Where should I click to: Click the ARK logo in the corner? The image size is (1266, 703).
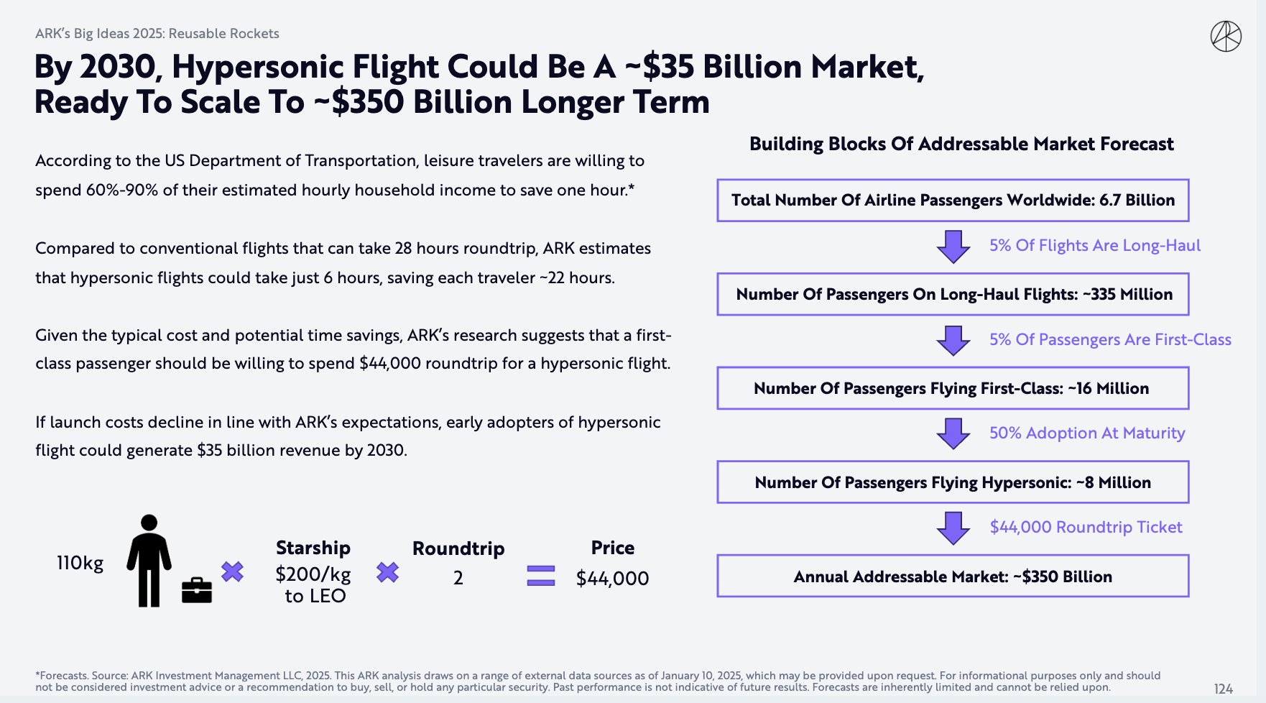(x=1226, y=37)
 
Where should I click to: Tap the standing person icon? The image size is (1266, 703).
(x=149, y=561)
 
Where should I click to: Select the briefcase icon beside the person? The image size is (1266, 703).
(x=196, y=590)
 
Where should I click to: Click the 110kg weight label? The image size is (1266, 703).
(x=80, y=563)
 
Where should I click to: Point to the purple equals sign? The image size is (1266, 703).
(x=540, y=576)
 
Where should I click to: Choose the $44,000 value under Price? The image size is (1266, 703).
(x=612, y=578)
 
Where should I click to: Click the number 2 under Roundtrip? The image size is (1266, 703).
(x=458, y=578)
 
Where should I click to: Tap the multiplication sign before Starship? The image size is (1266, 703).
(x=232, y=572)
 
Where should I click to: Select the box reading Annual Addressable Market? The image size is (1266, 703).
(x=953, y=576)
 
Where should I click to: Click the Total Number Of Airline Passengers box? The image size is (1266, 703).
(x=953, y=200)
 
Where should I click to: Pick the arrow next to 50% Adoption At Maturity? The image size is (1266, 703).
(x=953, y=433)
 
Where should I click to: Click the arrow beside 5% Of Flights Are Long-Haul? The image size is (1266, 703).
(x=953, y=246)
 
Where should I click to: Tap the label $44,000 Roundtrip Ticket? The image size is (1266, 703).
(x=1086, y=527)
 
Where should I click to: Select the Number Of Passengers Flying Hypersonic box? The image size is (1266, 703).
(x=953, y=482)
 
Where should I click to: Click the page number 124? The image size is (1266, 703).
(x=1223, y=689)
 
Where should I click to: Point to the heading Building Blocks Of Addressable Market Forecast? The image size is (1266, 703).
(x=961, y=144)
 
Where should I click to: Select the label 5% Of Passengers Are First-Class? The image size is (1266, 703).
(x=1110, y=339)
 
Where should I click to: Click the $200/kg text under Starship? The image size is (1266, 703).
(x=313, y=574)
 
